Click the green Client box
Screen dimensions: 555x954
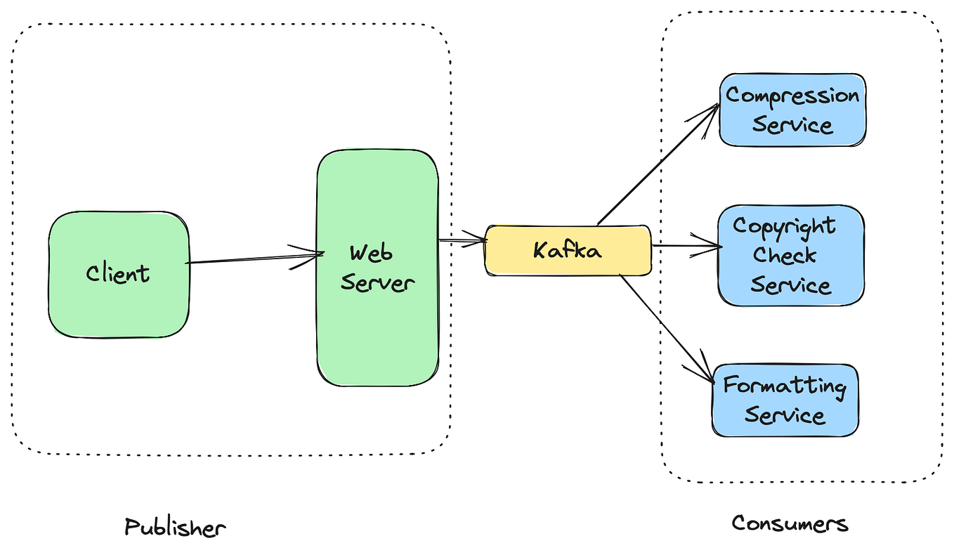pos(118,274)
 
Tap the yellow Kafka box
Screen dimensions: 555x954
pos(568,250)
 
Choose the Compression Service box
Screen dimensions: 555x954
pos(792,110)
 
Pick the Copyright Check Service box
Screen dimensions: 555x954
pos(790,256)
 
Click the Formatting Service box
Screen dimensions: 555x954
pos(785,400)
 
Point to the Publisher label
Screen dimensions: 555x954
pos(175,527)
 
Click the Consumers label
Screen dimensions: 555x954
pos(790,523)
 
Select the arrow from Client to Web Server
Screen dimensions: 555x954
pos(253,259)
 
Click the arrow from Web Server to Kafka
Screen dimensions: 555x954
pos(462,241)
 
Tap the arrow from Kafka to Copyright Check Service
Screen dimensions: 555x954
pos(685,246)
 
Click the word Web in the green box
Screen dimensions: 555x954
pos(371,253)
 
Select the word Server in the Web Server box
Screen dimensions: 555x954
pos(377,283)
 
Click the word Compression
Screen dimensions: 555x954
pos(792,96)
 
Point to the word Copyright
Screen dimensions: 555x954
pos(784,226)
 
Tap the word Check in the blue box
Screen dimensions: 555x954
pos(785,255)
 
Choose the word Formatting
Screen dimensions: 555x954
pos(785,386)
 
